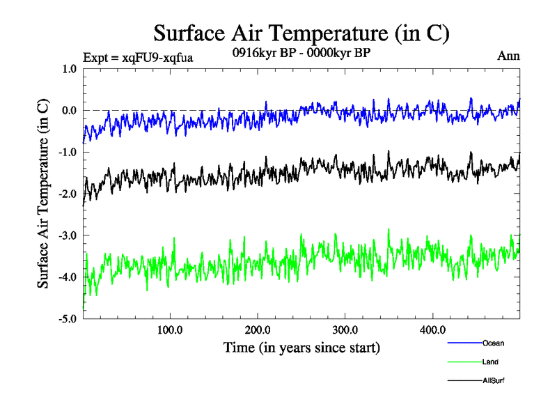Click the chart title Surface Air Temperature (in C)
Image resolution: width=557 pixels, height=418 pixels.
[x=301, y=33]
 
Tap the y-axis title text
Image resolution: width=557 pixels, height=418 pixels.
[x=43, y=194]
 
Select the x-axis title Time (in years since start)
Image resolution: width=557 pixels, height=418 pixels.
[x=301, y=346]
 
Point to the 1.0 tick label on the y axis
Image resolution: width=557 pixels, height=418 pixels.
[x=69, y=69]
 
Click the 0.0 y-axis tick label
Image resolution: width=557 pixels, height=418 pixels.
[x=69, y=111]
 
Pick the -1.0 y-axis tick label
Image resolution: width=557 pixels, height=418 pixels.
[x=67, y=153]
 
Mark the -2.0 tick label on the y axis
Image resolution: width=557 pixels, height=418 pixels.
[x=67, y=194]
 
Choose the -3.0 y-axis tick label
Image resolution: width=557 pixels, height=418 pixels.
[x=67, y=236]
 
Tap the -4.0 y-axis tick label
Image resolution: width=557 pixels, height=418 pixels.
[x=67, y=278]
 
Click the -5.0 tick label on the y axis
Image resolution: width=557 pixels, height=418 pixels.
[x=67, y=320]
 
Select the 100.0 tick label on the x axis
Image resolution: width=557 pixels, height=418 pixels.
[x=171, y=329]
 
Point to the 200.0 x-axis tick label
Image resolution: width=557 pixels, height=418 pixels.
[x=258, y=329]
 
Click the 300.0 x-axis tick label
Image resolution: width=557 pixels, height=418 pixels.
[x=345, y=329]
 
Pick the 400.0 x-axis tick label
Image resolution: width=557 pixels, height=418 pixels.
[x=432, y=329]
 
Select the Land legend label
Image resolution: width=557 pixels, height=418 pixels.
[x=490, y=362]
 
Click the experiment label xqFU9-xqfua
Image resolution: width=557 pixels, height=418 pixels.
[x=137, y=57]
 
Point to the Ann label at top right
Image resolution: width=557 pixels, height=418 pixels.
[x=508, y=56]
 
